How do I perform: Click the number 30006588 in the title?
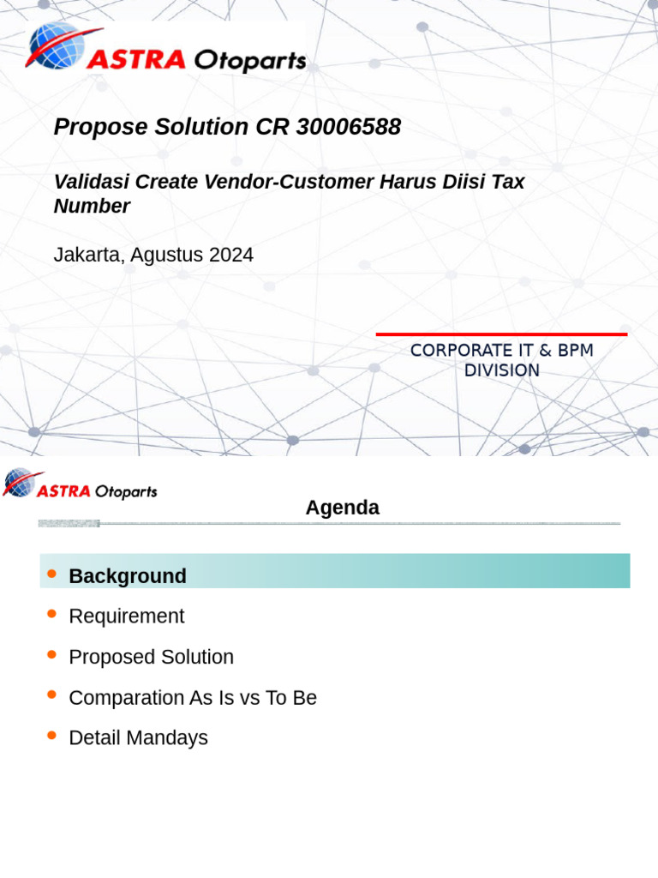(x=348, y=127)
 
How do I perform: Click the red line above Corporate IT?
(x=501, y=334)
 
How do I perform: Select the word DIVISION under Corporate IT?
(x=501, y=370)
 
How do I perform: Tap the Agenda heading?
(x=342, y=508)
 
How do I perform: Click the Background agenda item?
(x=128, y=576)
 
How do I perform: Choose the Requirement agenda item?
(x=126, y=616)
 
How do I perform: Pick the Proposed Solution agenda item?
(x=151, y=657)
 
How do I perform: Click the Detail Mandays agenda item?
(x=138, y=737)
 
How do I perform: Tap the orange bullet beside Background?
(x=52, y=574)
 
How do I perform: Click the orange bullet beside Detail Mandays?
(x=52, y=735)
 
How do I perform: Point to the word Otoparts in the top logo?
(x=250, y=60)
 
